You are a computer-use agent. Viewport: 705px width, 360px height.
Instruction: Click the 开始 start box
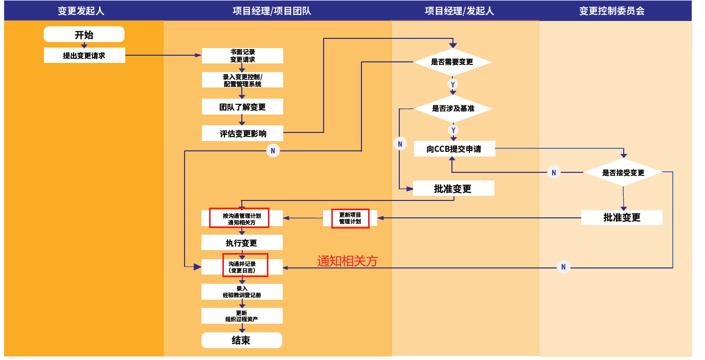click(x=84, y=35)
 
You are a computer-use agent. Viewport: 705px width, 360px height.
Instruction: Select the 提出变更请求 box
click(x=84, y=55)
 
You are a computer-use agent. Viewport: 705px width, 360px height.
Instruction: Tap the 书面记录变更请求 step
click(x=242, y=56)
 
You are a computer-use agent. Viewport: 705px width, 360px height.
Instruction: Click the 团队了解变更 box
click(x=242, y=107)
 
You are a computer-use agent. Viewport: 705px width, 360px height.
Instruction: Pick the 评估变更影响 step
click(x=242, y=133)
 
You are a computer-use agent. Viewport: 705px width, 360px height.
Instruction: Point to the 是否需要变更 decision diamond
click(x=452, y=62)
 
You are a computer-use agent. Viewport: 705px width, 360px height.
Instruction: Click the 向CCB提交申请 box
click(x=454, y=149)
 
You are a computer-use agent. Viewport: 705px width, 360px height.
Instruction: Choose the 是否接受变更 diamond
click(x=623, y=173)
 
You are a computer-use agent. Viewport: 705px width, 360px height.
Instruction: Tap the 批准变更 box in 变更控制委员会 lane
click(x=622, y=217)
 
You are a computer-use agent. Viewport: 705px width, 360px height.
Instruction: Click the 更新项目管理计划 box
click(x=350, y=218)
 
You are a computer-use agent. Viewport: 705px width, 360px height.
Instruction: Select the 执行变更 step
click(x=242, y=243)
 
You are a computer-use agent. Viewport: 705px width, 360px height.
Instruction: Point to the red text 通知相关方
click(x=348, y=261)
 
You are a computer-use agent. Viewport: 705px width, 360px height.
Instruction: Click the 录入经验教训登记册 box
click(x=242, y=292)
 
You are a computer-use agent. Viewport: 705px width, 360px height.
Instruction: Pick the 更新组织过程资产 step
click(x=242, y=316)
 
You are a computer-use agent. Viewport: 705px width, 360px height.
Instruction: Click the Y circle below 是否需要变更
click(x=452, y=84)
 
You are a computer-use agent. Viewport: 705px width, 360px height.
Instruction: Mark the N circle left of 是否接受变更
click(x=553, y=173)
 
